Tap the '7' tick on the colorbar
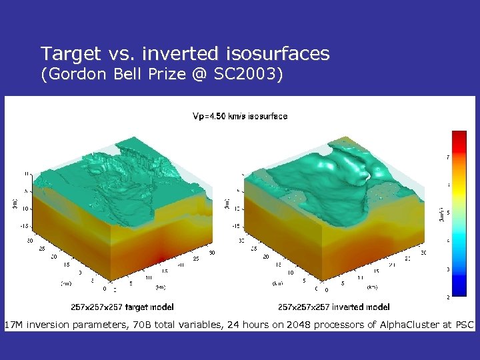(x=447, y=157)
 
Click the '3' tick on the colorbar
(x=447, y=269)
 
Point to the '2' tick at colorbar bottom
(x=447, y=296)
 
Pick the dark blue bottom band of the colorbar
(x=459, y=291)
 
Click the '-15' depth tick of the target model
(x=26, y=225)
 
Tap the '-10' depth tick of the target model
(x=27, y=208)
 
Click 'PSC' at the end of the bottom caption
(x=464, y=325)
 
